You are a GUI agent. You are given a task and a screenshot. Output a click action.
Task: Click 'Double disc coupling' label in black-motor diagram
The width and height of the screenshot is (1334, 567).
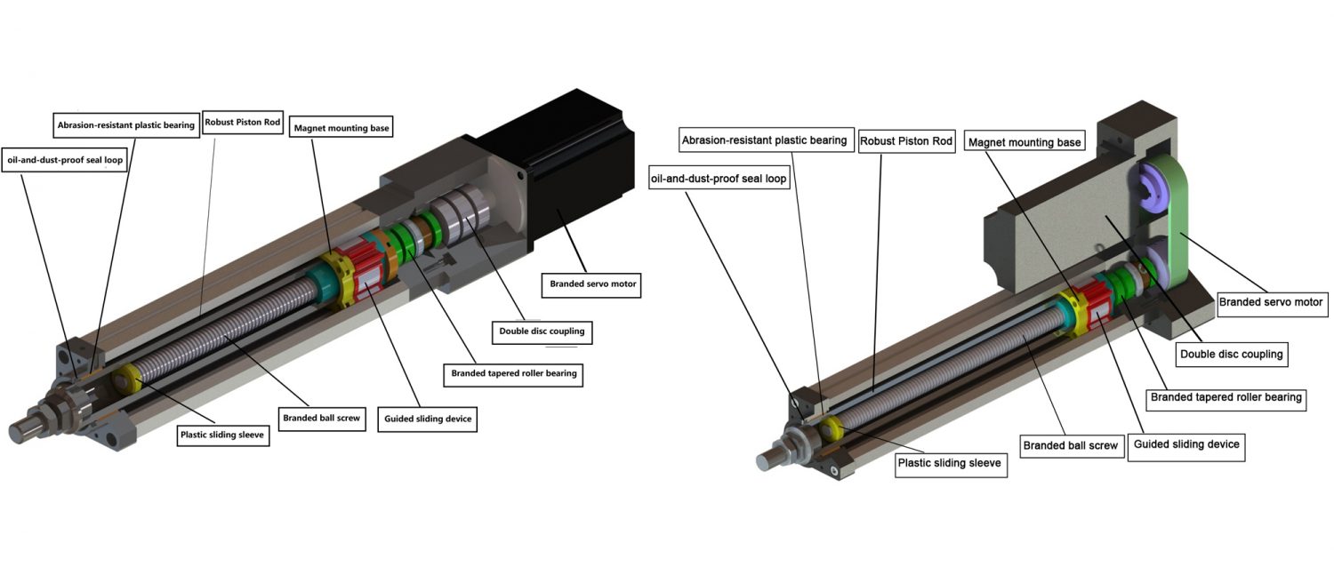542,331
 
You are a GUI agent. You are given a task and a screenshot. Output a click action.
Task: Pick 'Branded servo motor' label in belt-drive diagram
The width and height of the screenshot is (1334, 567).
1270,302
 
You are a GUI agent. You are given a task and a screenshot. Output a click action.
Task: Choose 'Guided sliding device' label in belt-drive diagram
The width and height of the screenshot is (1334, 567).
1185,444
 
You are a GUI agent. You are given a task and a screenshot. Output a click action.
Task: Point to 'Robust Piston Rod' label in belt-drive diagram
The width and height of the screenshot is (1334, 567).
906,140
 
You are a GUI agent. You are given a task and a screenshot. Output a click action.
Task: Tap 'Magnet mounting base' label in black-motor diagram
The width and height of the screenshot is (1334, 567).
342,127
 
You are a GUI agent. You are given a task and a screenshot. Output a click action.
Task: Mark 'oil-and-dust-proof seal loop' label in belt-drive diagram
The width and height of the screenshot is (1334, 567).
719,179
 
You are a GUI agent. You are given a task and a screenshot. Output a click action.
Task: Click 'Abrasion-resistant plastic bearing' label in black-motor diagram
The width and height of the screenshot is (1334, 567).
125,125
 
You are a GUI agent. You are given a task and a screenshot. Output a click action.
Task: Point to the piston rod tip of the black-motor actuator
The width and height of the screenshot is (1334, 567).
22,433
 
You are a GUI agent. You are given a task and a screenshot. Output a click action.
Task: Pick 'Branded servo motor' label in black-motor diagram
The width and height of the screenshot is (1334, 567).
591,285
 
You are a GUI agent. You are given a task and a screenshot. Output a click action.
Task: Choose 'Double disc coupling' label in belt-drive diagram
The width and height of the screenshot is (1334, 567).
1231,354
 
